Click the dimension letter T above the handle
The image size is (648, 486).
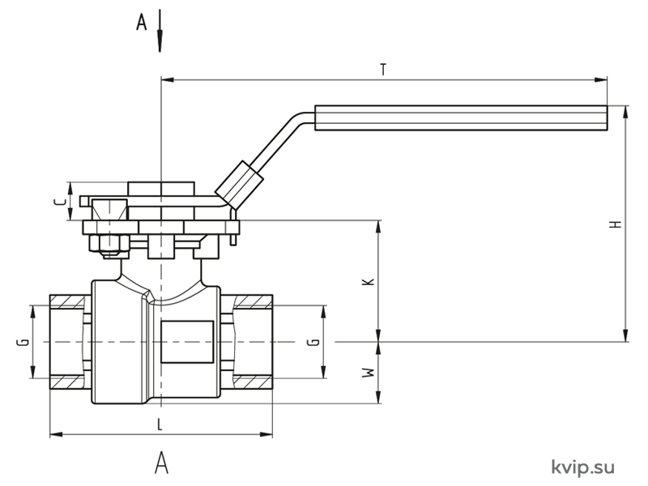[x=384, y=70]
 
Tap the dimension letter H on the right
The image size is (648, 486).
[x=616, y=224]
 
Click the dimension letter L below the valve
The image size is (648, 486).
[x=160, y=424]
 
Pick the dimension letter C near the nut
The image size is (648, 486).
[x=60, y=202]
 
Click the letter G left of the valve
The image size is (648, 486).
[x=25, y=342]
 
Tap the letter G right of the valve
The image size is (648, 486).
[x=314, y=342]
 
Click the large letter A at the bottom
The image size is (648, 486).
[x=161, y=463]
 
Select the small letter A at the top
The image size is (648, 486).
[x=141, y=23]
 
